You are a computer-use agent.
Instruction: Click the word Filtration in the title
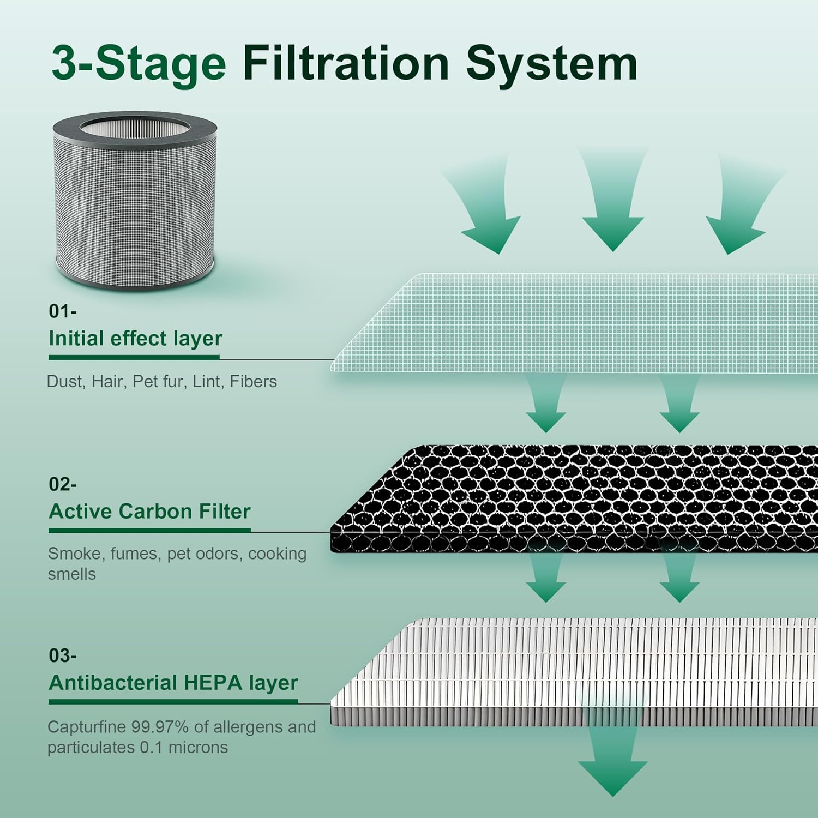346,64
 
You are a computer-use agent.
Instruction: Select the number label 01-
62,311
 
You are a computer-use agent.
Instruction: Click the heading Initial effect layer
135,339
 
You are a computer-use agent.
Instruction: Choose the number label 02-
62,484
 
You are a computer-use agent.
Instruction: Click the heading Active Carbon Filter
149,512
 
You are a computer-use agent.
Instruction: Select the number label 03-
62,655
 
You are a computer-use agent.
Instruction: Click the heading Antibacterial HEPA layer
173,683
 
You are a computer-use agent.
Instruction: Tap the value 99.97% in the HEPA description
159,727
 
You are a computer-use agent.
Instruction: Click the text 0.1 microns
183,747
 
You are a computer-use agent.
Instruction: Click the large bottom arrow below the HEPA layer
612,763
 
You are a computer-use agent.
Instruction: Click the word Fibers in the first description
253,381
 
